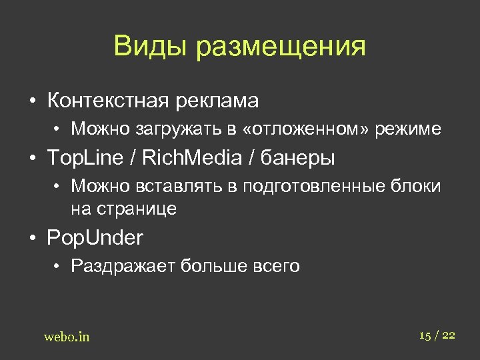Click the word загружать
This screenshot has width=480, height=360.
pyautogui.click(x=169, y=129)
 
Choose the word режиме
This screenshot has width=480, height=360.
pyautogui.click(x=408, y=129)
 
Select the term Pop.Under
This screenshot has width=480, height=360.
pyautogui.click(x=95, y=238)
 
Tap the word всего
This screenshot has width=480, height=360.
pyautogui.click(x=277, y=267)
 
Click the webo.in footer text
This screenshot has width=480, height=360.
pyautogui.click(x=67, y=337)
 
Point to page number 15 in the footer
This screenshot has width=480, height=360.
pyautogui.click(x=425, y=335)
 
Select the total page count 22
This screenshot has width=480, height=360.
pyautogui.click(x=448, y=335)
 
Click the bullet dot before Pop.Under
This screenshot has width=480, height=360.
pyautogui.click(x=32, y=238)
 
